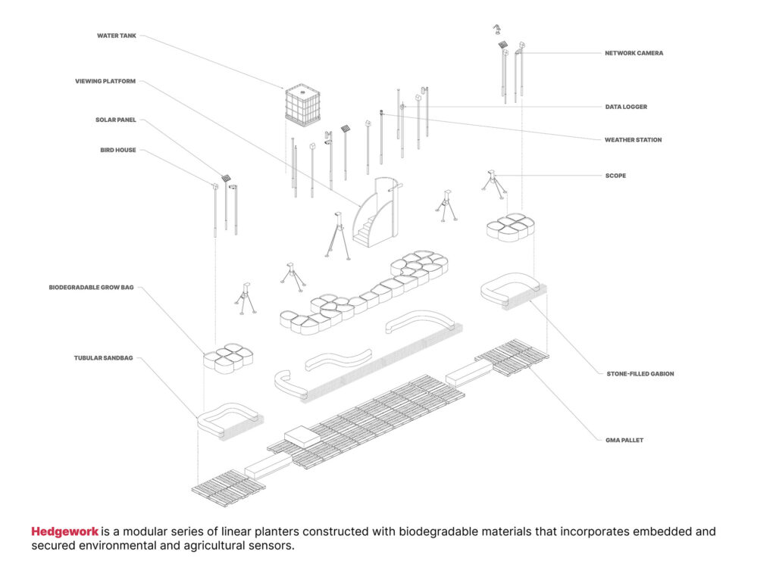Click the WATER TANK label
click(x=116, y=36)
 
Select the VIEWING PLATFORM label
click(x=105, y=81)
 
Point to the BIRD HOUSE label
click(x=118, y=150)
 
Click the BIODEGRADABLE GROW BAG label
click(x=91, y=288)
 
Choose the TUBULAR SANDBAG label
click(x=103, y=357)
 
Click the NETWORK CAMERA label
click(x=634, y=54)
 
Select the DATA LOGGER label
click(x=626, y=107)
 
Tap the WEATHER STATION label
click(x=633, y=140)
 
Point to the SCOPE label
click(x=615, y=176)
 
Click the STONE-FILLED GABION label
click(x=640, y=373)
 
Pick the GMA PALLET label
click(x=624, y=440)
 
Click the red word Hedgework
click(x=65, y=531)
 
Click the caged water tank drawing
click(x=302, y=103)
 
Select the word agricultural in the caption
click(x=211, y=546)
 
